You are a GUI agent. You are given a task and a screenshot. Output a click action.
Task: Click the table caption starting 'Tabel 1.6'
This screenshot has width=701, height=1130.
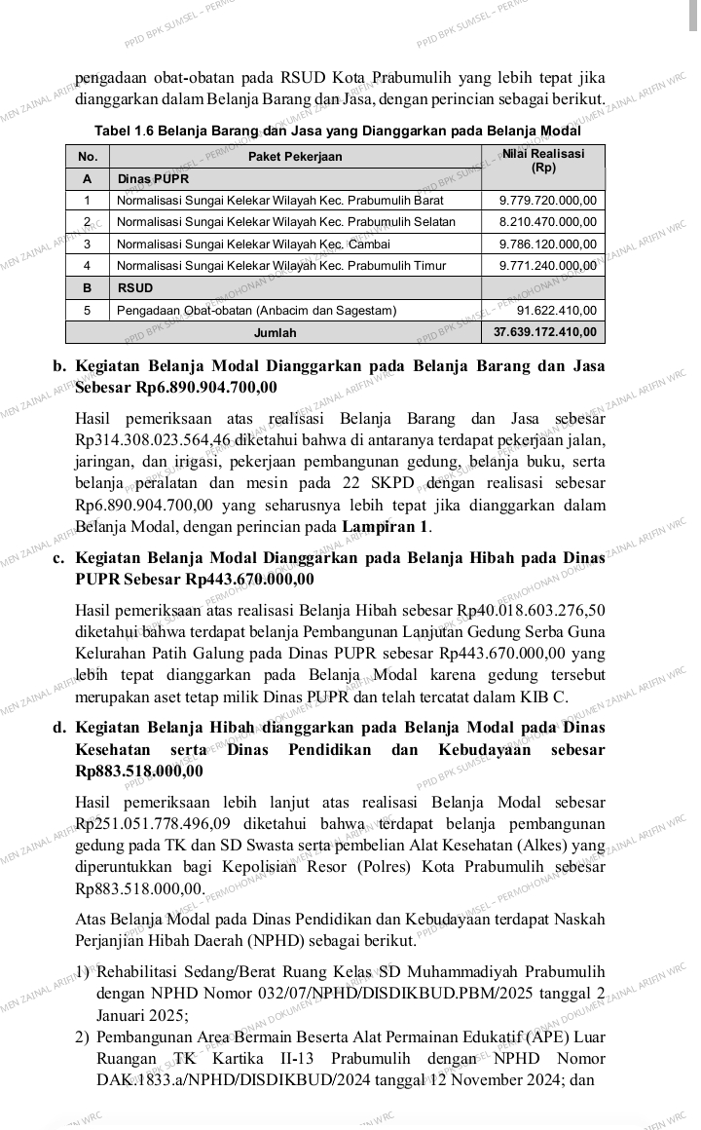pos(337,131)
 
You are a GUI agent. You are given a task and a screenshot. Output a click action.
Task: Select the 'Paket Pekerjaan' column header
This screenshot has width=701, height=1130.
pos(295,157)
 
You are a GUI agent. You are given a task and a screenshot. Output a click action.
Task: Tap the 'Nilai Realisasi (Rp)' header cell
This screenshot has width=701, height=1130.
pos(543,161)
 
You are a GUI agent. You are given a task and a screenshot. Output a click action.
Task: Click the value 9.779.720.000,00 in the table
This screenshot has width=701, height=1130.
pos(547,201)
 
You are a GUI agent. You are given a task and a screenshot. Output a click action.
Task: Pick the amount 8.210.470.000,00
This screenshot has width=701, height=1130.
pos(547,222)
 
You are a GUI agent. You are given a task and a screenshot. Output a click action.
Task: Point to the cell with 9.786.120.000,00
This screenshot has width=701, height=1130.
pos(547,244)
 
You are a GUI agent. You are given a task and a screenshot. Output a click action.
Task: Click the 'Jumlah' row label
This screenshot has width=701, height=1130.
pos(275,333)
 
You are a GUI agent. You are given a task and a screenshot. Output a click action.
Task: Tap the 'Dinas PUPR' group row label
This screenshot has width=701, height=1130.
pos(153,179)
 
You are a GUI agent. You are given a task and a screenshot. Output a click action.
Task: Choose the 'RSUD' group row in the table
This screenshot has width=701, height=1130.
pos(135,288)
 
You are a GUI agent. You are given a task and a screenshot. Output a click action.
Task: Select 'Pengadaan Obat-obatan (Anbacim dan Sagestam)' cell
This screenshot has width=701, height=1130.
pos(257,311)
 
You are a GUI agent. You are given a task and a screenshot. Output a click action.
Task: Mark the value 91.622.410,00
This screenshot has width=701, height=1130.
pos(557,311)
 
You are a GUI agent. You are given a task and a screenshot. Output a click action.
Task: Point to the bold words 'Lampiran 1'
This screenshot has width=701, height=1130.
pos(386,527)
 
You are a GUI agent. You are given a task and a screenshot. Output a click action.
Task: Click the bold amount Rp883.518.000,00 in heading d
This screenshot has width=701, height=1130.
pos(139,771)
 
